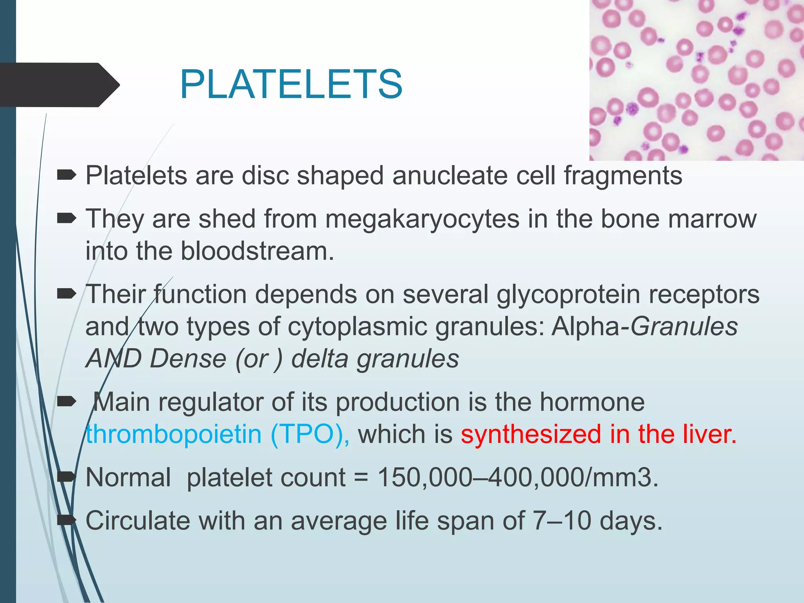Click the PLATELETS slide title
click(x=291, y=84)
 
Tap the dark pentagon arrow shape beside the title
click(x=59, y=85)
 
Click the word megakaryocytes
click(x=422, y=219)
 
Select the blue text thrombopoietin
click(x=174, y=434)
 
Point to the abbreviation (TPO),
click(x=310, y=434)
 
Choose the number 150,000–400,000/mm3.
click(x=517, y=477)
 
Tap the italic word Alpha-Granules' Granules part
click(x=684, y=326)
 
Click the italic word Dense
click(x=188, y=358)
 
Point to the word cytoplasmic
click(x=357, y=326)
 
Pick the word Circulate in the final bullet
click(x=138, y=521)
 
